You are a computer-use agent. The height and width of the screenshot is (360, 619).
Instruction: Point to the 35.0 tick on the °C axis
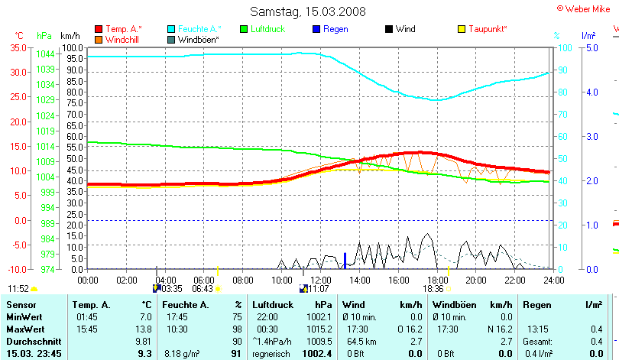tap(18, 47)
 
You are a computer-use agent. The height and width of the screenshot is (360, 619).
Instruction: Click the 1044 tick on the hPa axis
tap(44, 54)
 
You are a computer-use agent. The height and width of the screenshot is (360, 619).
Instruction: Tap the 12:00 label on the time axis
tap(320, 281)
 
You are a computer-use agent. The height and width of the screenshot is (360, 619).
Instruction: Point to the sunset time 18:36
tap(433, 289)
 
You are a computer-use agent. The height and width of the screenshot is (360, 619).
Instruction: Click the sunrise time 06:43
tap(202, 289)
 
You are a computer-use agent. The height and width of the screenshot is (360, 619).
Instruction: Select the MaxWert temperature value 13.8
tap(144, 329)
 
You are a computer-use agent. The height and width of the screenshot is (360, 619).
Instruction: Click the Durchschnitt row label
tap(31, 341)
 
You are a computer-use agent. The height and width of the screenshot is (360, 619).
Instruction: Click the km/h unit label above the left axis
tap(70, 36)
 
